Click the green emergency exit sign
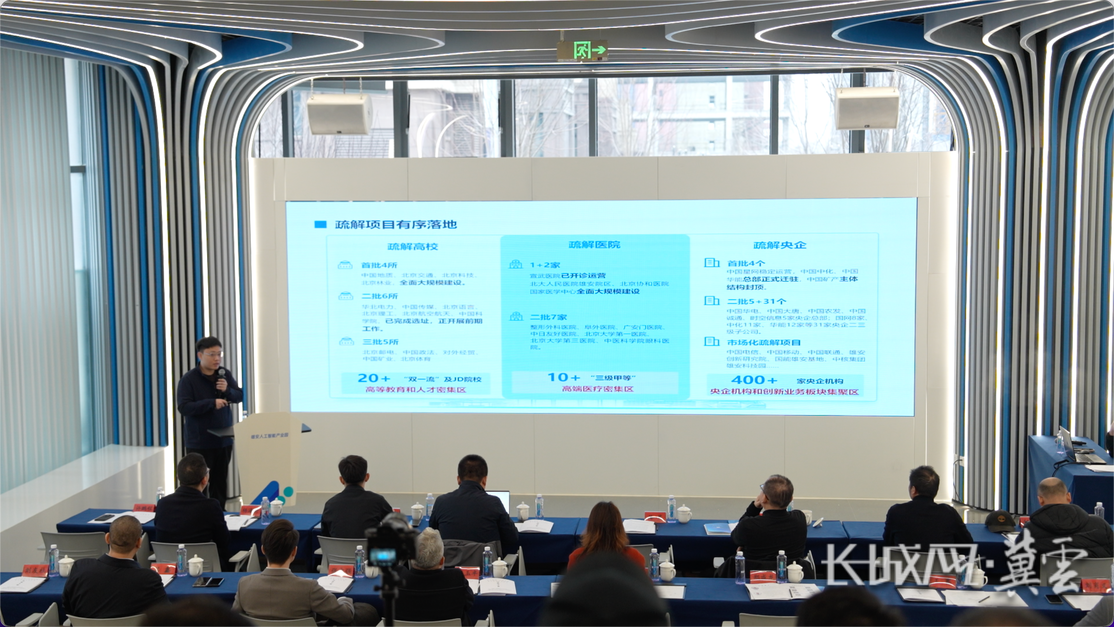pyautogui.click(x=582, y=50)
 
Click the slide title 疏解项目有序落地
pyautogui.click(x=396, y=224)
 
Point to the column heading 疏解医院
pyautogui.click(x=594, y=245)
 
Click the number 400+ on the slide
pyautogui.click(x=754, y=380)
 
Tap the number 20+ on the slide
pyautogui.click(x=374, y=378)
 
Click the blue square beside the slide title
pyautogui.click(x=320, y=224)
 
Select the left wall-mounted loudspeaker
pyautogui.click(x=340, y=113)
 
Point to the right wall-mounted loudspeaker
pyautogui.click(x=867, y=108)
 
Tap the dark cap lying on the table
pyautogui.click(x=1000, y=521)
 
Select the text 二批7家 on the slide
pyautogui.click(x=549, y=317)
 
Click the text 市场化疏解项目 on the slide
pyautogui.click(x=764, y=343)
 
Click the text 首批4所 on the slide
pyautogui.click(x=379, y=265)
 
